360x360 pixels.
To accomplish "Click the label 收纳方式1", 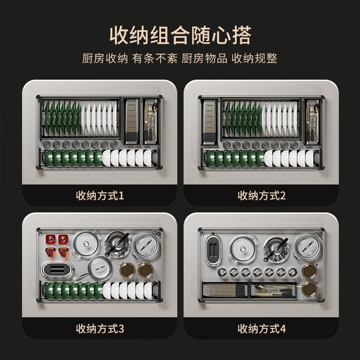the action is (100, 196).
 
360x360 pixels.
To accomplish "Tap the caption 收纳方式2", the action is (262, 196).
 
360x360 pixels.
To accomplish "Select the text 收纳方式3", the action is (100, 328).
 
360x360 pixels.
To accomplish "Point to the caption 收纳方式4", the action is (262, 328).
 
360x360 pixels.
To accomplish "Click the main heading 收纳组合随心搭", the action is (180, 35).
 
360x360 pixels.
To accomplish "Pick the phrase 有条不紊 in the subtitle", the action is (155, 58).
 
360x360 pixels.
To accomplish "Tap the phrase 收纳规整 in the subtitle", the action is (254, 58).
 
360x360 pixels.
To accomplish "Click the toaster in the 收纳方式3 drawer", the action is (57, 270).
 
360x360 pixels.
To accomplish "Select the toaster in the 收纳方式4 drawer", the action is (213, 249).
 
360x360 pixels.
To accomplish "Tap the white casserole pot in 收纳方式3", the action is (86, 244).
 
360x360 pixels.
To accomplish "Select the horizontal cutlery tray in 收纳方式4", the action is (273, 290).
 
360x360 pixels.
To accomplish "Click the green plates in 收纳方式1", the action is (62, 118).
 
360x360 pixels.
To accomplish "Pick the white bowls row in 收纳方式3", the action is (128, 291).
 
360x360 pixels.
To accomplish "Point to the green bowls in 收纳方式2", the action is (234, 158).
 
